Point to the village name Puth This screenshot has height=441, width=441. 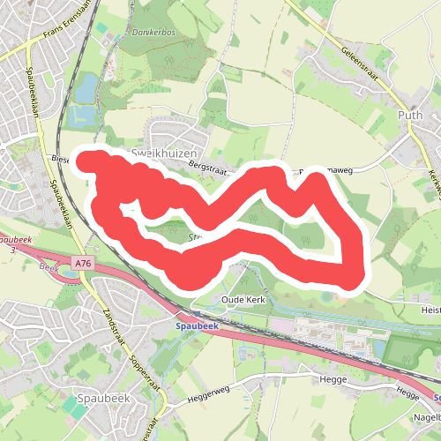click(x=411, y=115)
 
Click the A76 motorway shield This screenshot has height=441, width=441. click(x=83, y=263)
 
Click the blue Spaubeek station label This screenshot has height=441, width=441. click(x=197, y=326)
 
